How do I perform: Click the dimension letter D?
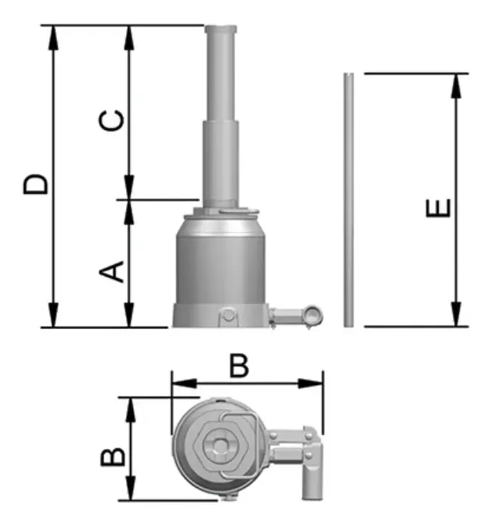point(36,184)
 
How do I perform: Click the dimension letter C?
point(111,121)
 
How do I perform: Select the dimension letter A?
point(111,271)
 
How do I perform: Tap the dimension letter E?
point(438,208)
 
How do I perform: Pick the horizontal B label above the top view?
point(239,366)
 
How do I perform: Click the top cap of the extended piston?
point(221,29)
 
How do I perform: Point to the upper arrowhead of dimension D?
point(53,37)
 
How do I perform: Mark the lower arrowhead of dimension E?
point(456,314)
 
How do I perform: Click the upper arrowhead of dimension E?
point(456,86)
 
